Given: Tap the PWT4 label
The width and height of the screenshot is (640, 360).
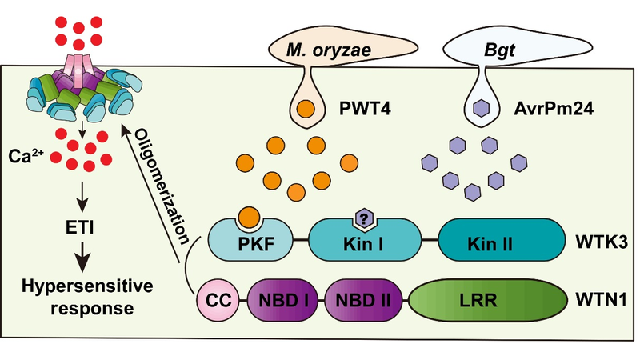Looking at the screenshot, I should click(x=370, y=106).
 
